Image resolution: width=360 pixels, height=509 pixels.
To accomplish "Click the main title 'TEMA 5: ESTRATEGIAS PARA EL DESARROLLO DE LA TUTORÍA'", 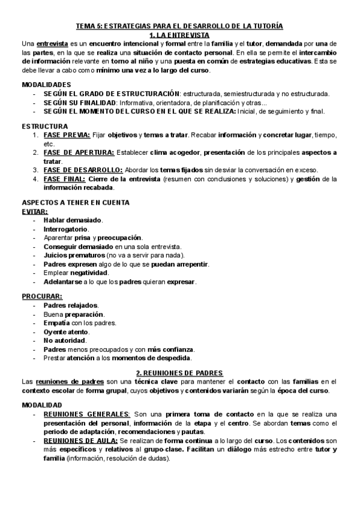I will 179,26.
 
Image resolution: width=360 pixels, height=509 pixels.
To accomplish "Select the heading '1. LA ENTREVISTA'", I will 179,35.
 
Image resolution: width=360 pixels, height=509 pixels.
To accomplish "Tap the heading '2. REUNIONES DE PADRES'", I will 179,373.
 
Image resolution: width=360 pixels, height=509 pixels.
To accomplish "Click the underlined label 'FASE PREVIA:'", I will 67,136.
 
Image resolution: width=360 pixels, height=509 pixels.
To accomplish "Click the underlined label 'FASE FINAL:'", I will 65,179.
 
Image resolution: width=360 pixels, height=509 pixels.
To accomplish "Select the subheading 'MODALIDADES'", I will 46,85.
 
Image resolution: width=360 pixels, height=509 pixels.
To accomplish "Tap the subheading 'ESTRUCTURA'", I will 44,127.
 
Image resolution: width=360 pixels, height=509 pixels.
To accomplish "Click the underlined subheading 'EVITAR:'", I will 35,212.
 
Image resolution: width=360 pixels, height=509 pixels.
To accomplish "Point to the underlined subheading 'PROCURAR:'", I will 42,297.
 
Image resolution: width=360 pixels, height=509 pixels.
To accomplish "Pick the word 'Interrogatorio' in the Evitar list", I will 66,229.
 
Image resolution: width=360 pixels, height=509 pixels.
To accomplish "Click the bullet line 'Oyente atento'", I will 66,332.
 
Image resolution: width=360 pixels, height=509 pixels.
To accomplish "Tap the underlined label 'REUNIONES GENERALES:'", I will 87,414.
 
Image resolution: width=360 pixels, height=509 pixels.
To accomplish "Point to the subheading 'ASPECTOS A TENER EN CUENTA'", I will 76,203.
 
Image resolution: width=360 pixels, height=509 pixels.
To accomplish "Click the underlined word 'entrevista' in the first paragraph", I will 53,44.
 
